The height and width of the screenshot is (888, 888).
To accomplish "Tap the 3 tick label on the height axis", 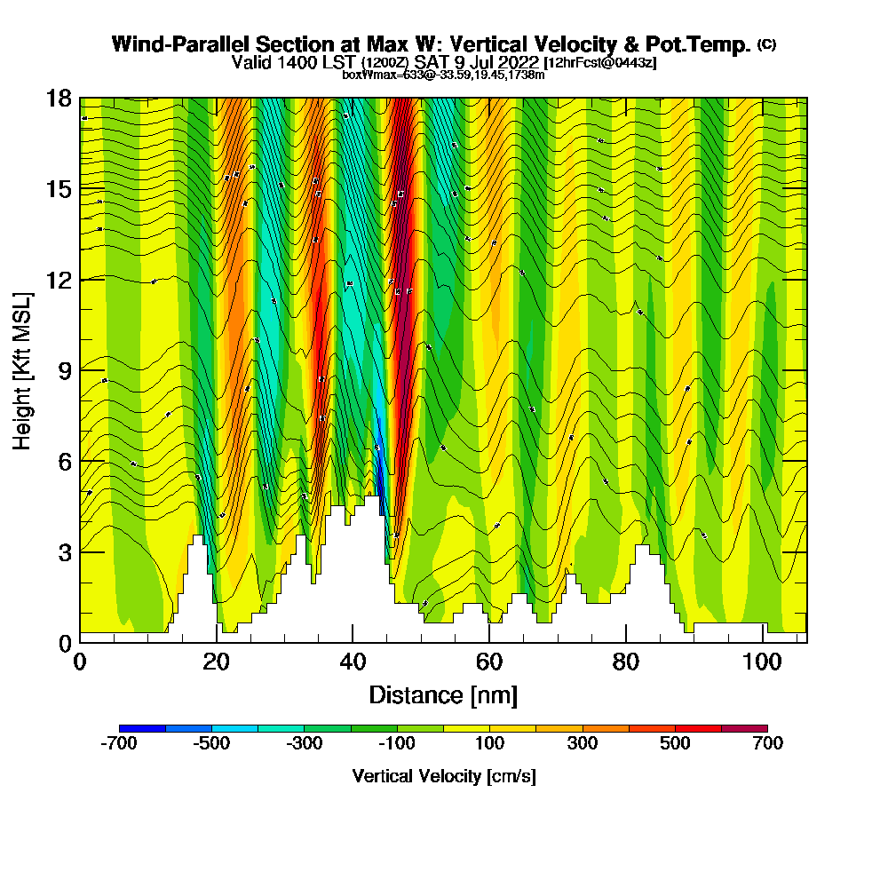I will point(64,551).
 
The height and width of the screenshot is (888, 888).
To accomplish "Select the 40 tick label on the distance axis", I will point(353,662).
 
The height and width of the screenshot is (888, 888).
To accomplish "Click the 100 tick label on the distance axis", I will point(763,662).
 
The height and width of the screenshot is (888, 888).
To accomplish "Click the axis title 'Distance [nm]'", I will point(443,694).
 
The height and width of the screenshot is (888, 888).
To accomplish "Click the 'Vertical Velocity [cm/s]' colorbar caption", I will point(443,776).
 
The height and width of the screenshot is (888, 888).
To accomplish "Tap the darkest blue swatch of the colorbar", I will point(142,728).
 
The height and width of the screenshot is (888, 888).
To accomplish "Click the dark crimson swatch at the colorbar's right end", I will point(744,728).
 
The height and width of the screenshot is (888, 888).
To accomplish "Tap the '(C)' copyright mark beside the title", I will point(766,43).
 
